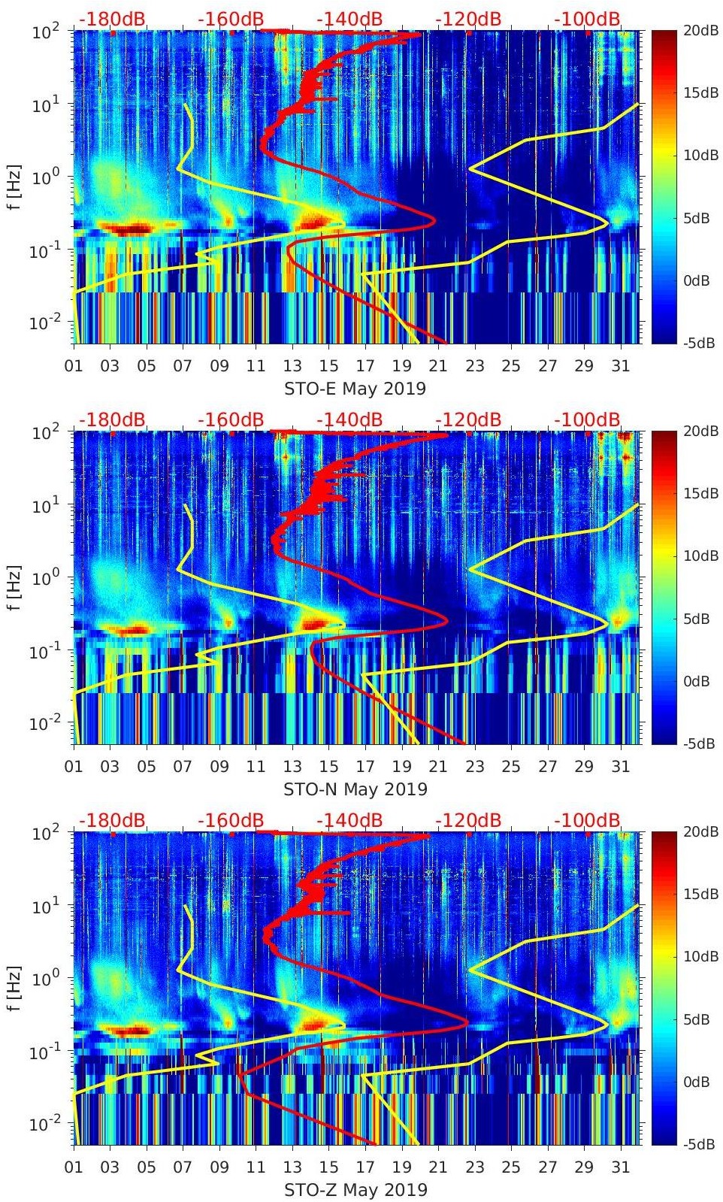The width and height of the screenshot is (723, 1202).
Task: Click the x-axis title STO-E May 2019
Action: [x=355, y=389]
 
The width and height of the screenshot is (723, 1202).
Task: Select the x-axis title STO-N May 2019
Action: [x=355, y=789]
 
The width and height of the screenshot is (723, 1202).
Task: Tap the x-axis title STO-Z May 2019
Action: [x=355, y=1190]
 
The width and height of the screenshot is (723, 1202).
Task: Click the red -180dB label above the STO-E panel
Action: [x=112, y=19]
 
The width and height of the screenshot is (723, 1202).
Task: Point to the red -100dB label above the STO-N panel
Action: [x=588, y=419]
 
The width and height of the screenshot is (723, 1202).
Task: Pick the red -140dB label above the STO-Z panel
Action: [x=349, y=820]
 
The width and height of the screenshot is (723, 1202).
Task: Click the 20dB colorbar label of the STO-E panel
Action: [x=701, y=30]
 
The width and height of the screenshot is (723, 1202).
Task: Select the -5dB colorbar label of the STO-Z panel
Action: [x=700, y=1145]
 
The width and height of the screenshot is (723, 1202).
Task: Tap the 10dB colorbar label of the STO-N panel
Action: [x=701, y=556]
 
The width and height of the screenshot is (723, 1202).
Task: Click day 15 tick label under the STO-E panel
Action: [x=328, y=366]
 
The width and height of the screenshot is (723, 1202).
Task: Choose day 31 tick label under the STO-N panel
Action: [x=620, y=767]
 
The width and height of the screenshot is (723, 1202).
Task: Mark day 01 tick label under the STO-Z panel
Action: [x=74, y=1167]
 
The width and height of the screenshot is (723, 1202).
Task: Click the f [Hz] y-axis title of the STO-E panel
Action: [x=13, y=187]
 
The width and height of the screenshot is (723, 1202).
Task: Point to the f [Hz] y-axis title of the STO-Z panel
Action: [x=13, y=989]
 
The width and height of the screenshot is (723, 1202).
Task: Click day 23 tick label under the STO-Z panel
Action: [x=474, y=1167]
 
